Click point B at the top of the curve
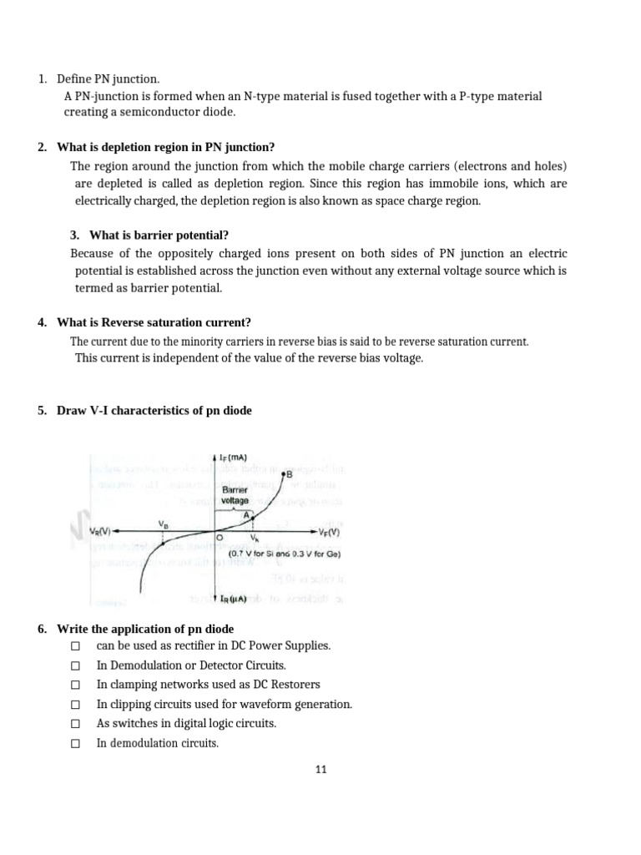coord(288,474)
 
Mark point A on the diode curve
coord(247,515)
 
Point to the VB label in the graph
coord(163,523)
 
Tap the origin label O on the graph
coord(220,539)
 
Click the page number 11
coord(320,770)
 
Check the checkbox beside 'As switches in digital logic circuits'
coord(75,724)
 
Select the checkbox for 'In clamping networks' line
coord(75,686)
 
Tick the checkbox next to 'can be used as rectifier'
coord(75,646)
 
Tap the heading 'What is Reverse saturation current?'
coord(154,322)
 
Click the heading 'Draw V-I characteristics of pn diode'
coord(154,411)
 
